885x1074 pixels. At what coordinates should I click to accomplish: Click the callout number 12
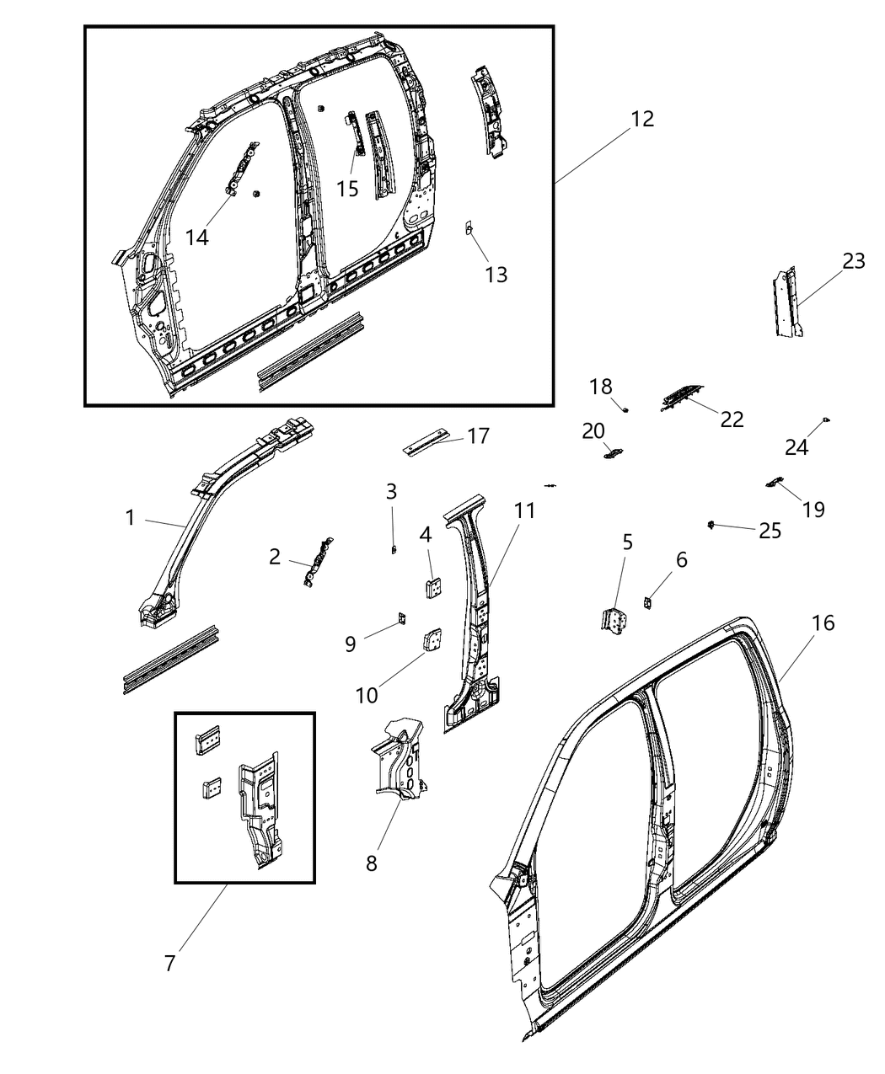(641, 119)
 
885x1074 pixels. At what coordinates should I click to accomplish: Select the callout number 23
(853, 261)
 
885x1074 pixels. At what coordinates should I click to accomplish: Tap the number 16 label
(823, 622)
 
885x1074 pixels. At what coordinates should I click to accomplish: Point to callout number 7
(169, 963)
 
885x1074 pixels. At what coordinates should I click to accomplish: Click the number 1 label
(130, 517)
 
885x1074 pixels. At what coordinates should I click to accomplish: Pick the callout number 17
(478, 436)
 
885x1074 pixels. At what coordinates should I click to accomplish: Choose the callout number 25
(770, 530)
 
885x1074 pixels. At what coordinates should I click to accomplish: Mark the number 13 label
(496, 274)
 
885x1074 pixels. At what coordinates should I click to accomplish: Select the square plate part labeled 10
(432, 641)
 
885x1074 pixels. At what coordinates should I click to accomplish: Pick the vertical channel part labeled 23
(788, 303)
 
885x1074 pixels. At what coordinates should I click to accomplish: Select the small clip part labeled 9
(402, 620)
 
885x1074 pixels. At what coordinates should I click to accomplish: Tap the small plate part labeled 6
(647, 603)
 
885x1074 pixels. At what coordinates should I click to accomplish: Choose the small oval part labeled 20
(612, 454)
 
